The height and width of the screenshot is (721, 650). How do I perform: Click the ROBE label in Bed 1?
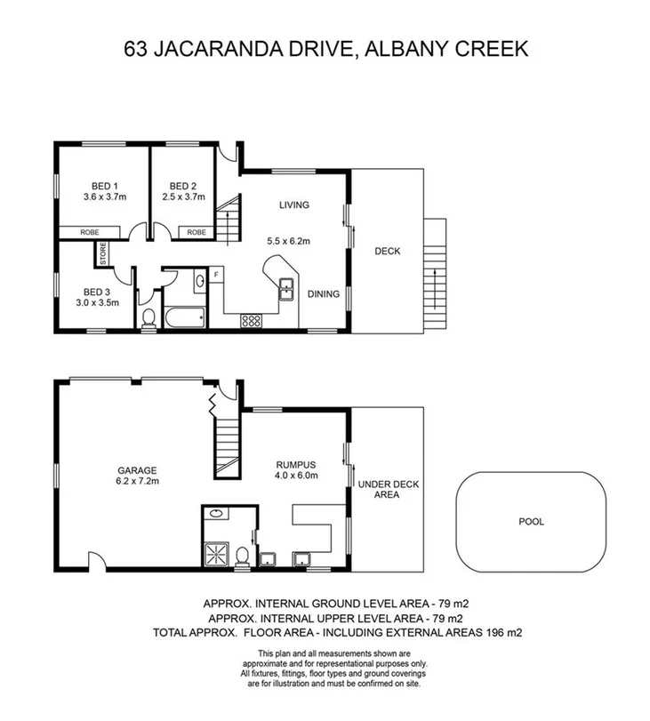pyautogui.click(x=78, y=232)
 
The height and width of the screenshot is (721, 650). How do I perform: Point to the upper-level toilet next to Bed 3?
pyautogui.click(x=148, y=317)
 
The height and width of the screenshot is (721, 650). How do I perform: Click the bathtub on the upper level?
pyautogui.click(x=184, y=316)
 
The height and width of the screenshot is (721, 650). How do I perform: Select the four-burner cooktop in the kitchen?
pyautogui.click(x=252, y=322)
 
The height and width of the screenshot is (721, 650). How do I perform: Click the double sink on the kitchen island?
pyautogui.click(x=287, y=287)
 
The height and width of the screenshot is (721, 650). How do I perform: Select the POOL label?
pyautogui.click(x=531, y=522)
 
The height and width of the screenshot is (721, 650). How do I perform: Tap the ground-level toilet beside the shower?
pyautogui.click(x=241, y=554)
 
